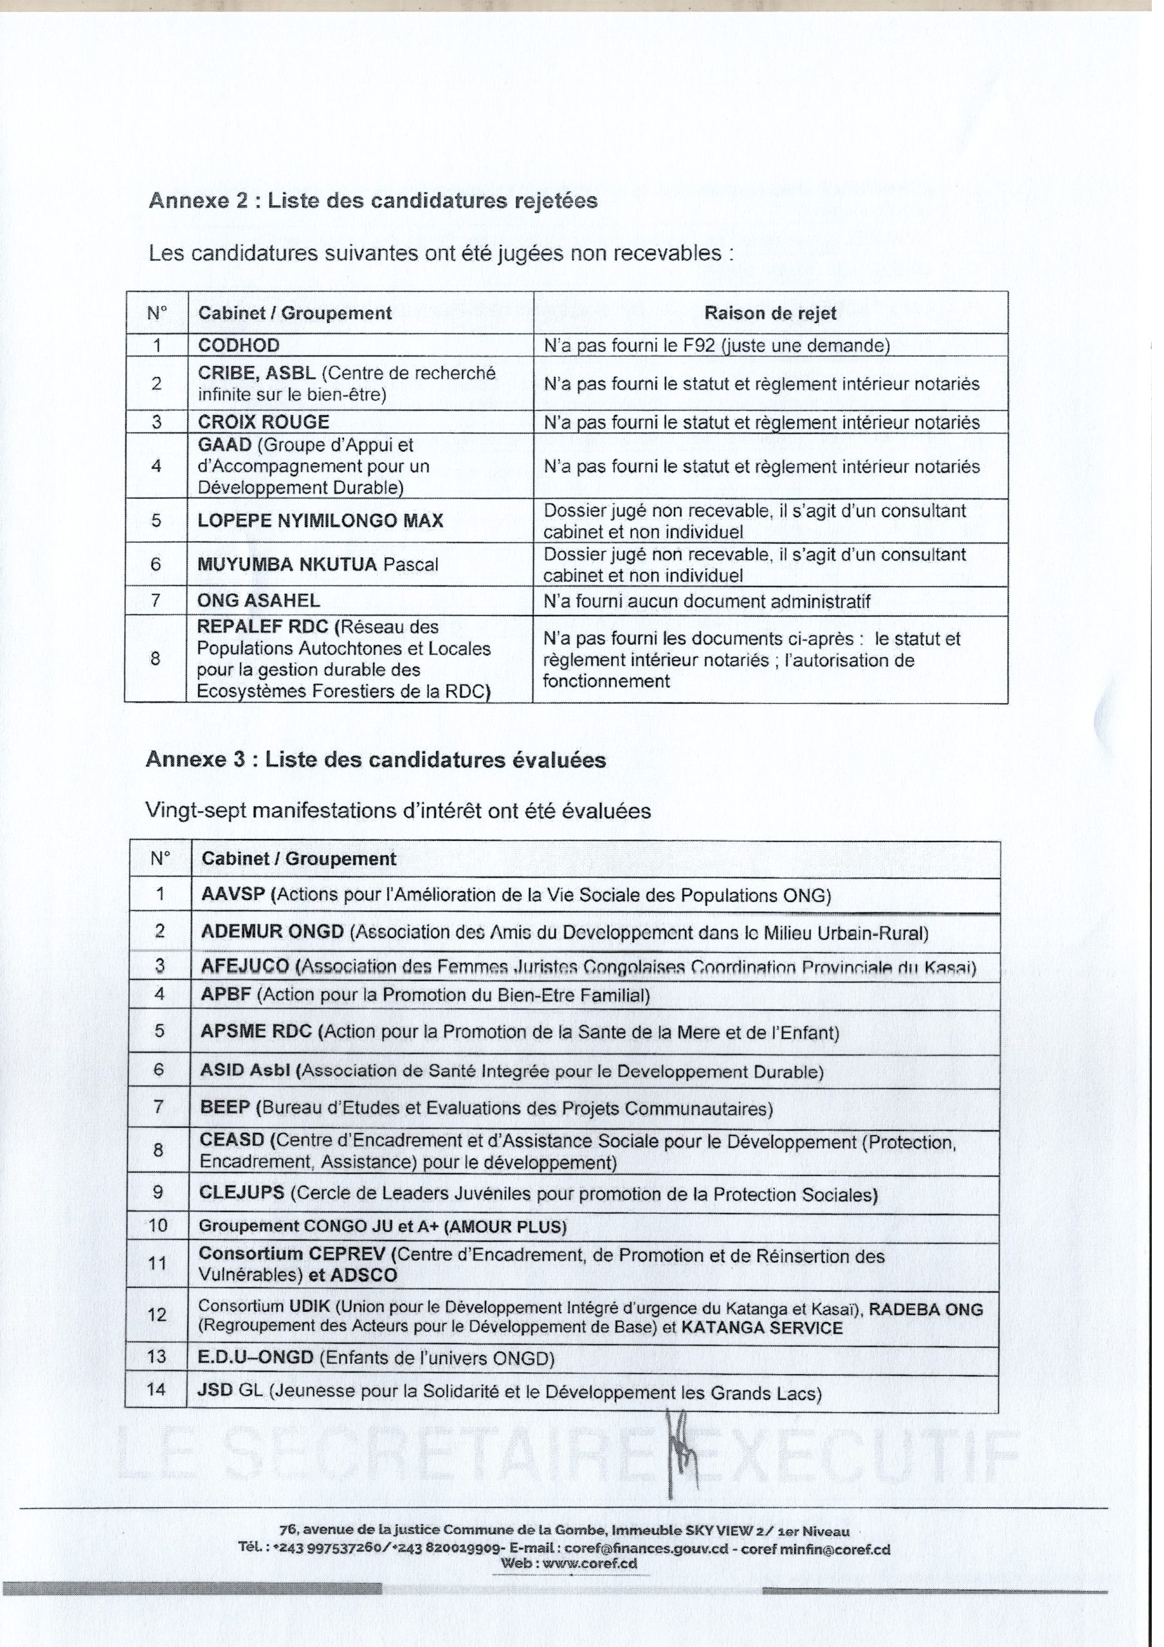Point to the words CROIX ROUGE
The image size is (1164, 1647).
point(266,426)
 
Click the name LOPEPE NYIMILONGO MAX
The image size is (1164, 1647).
point(323,526)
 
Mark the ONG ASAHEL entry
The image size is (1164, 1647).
point(261,606)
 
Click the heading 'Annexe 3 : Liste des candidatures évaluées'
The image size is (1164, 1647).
point(379,768)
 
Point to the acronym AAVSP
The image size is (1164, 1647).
point(236,904)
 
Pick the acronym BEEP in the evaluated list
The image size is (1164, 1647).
point(228,1119)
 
